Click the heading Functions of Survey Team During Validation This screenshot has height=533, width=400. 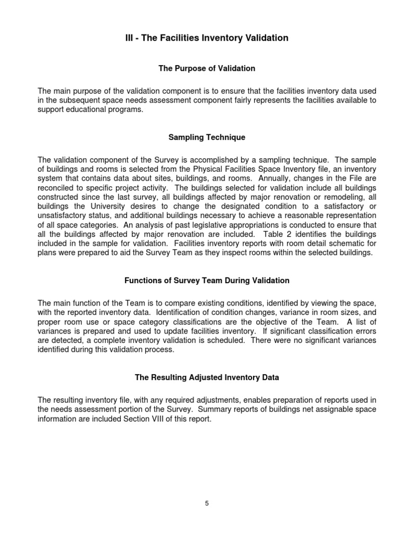point(206,281)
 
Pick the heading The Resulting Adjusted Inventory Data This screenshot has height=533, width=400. point(206,377)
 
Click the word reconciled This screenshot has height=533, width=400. point(57,187)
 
